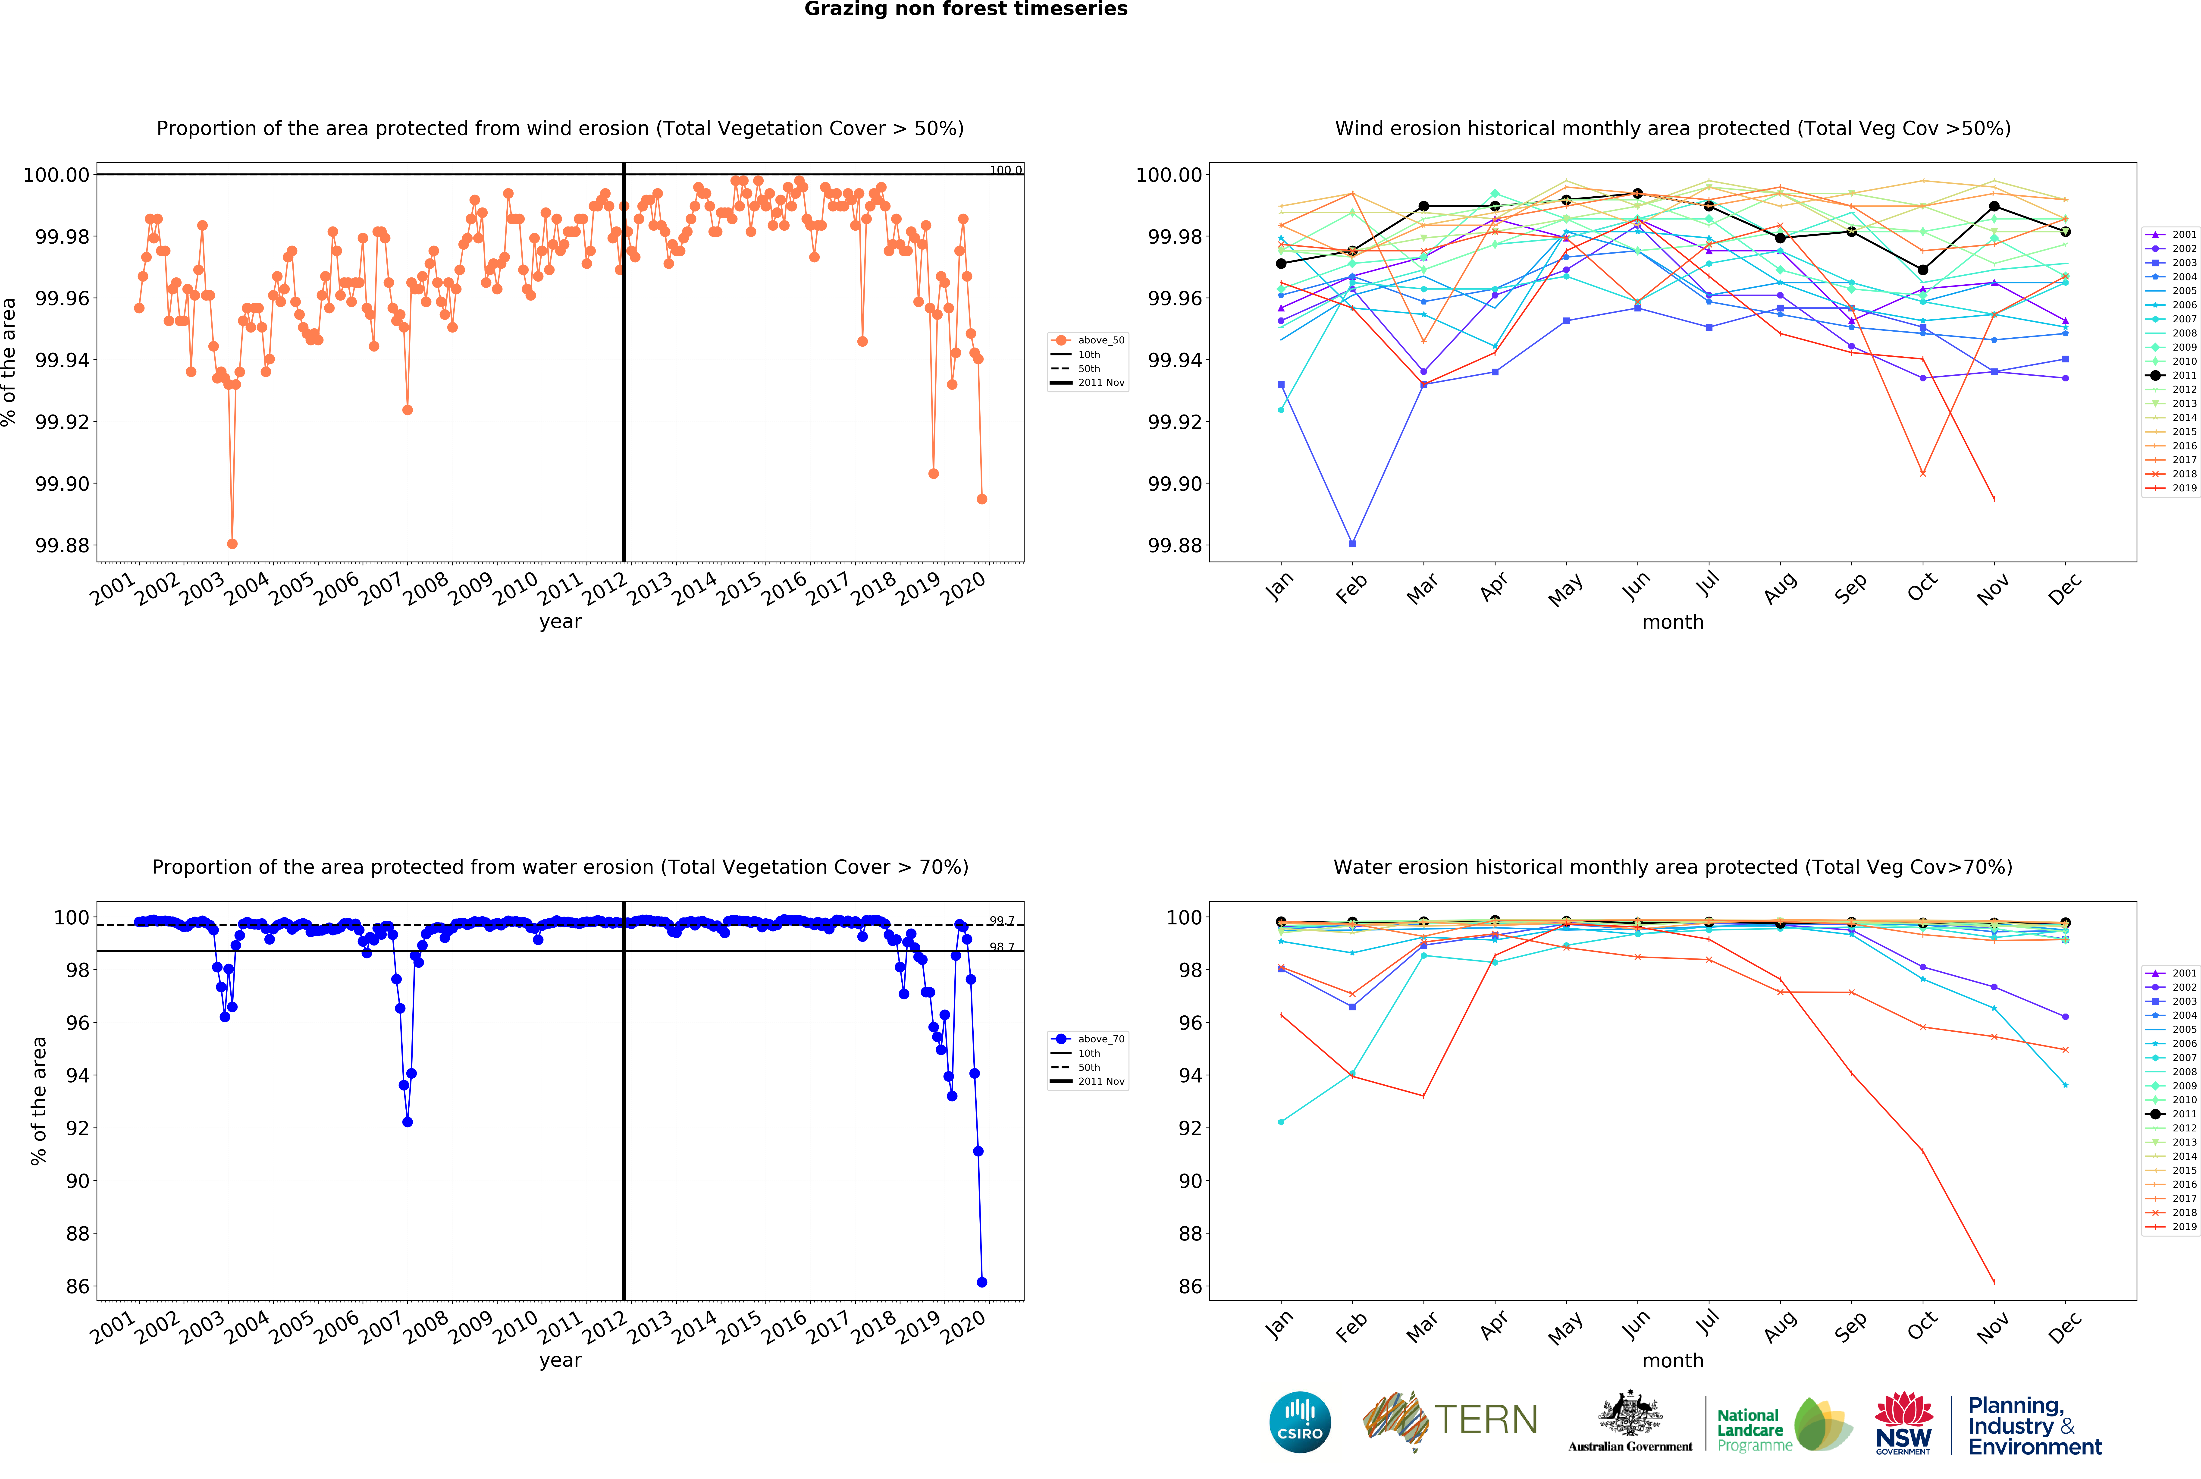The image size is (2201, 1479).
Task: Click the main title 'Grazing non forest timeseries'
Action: click(x=966, y=9)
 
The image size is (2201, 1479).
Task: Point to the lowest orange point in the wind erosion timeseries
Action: click(x=232, y=543)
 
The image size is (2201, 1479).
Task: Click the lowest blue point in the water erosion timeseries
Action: click(x=982, y=1282)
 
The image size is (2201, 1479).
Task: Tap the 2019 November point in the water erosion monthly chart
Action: click(x=1994, y=1282)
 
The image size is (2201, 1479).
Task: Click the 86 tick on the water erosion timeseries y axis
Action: click(x=77, y=1287)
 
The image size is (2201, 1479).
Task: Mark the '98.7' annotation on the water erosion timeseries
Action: click(x=1001, y=947)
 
